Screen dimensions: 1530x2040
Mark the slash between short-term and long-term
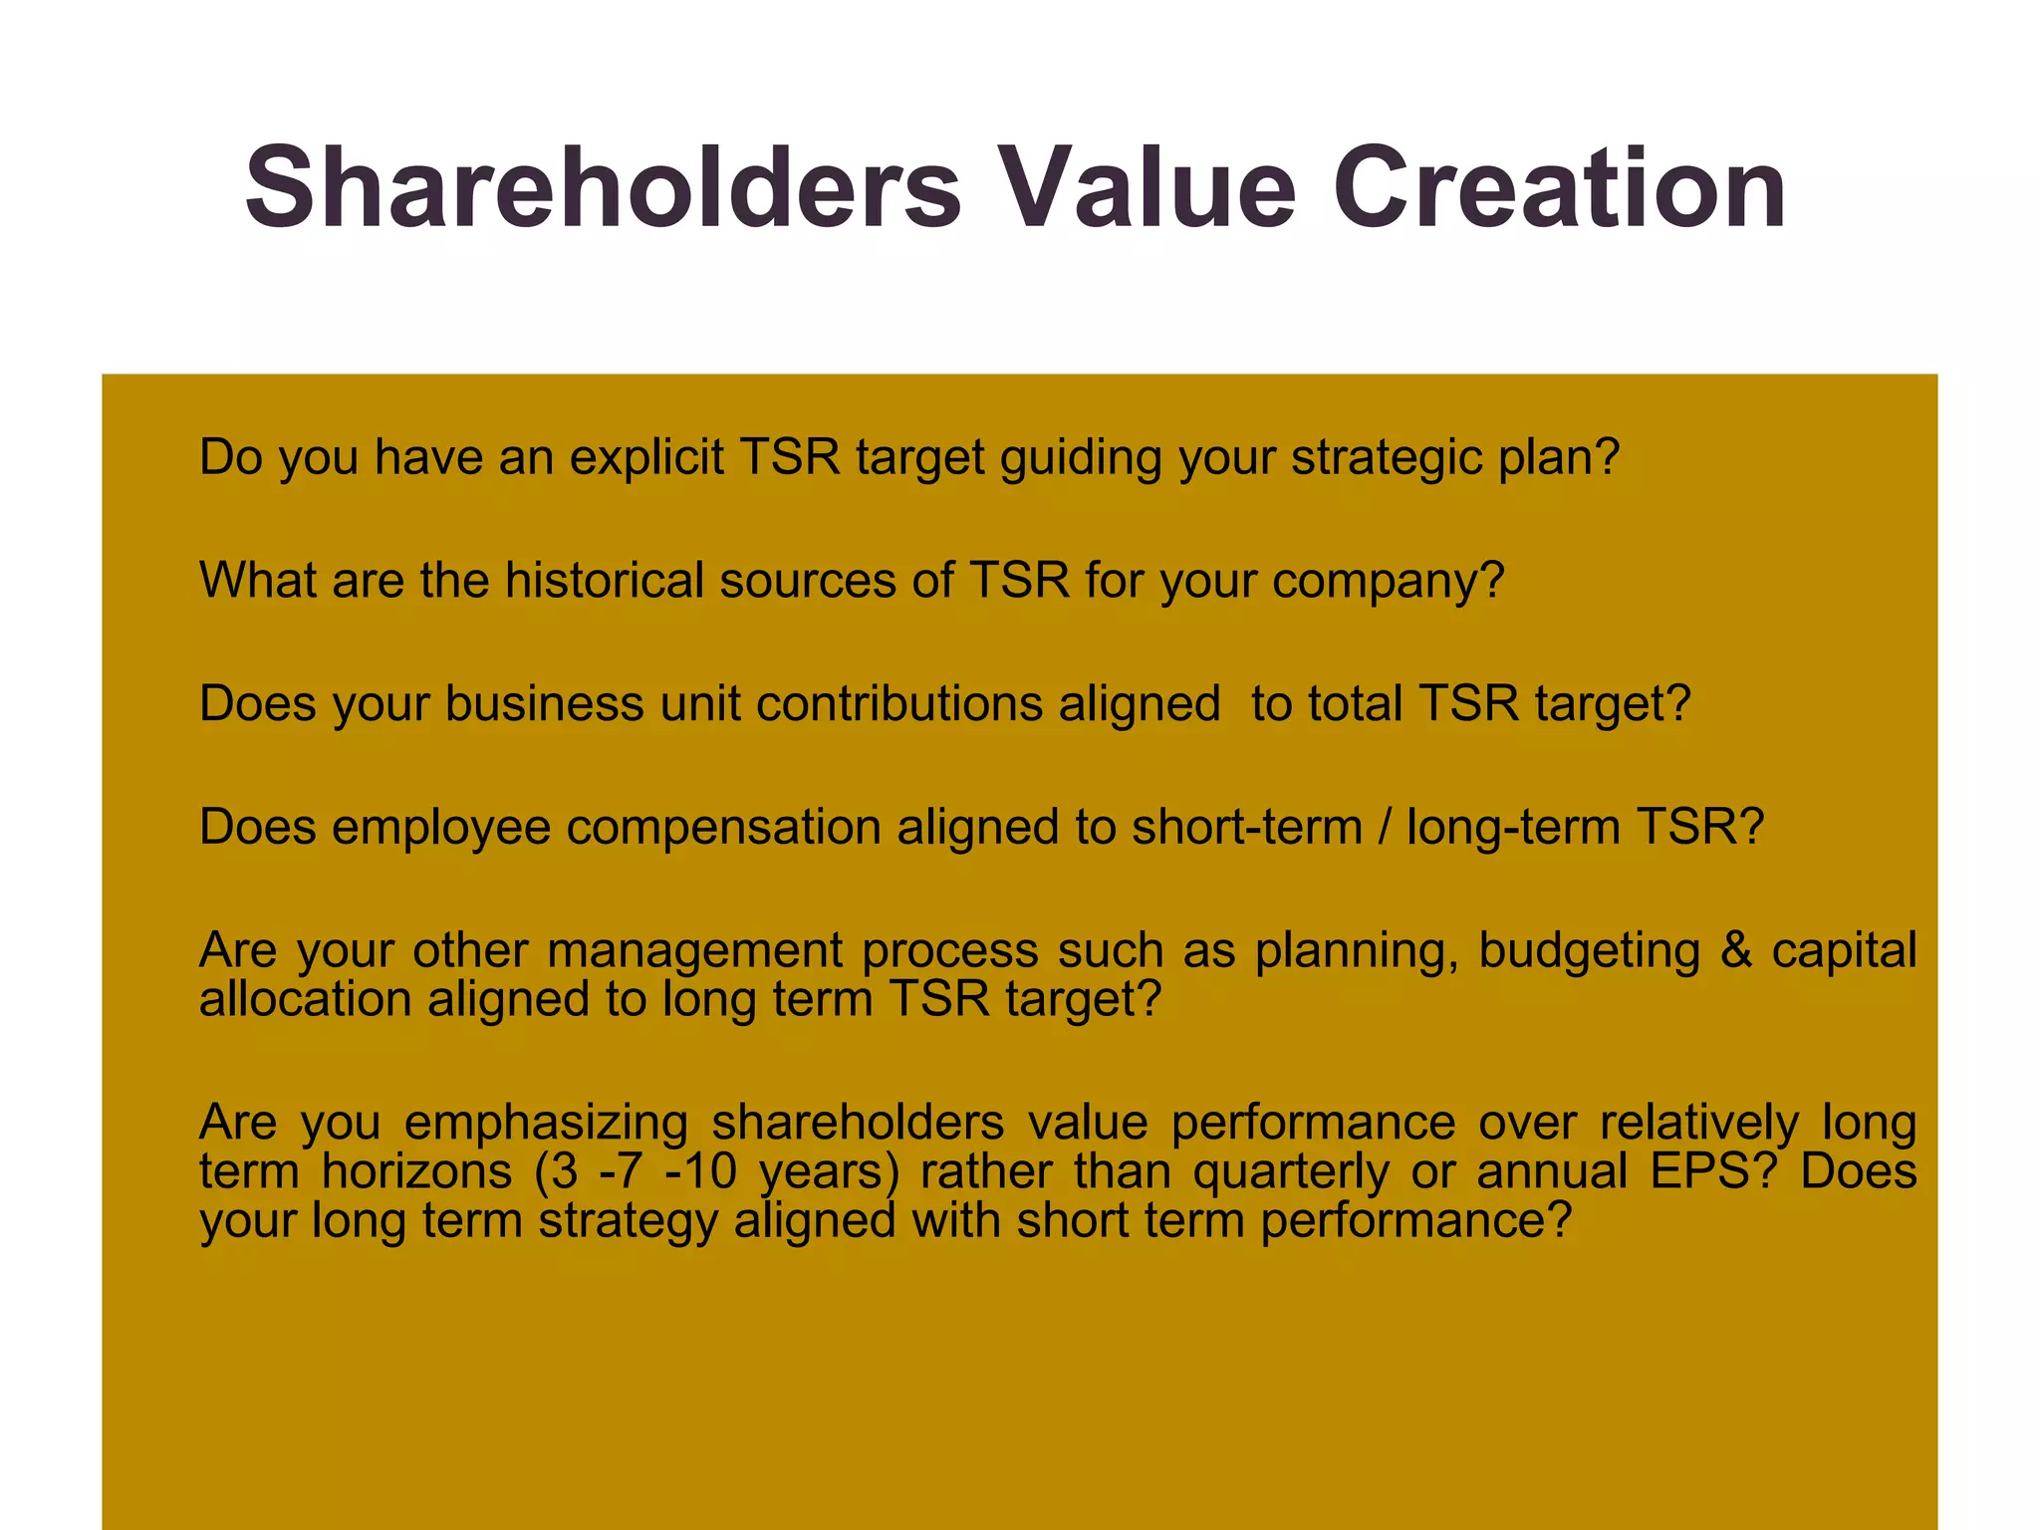(x=1385, y=827)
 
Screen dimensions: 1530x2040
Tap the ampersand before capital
(x=1736, y=949)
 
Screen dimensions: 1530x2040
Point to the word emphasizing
(x=546, y=1124)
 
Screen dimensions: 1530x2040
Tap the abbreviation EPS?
(x=1713, y=1171)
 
